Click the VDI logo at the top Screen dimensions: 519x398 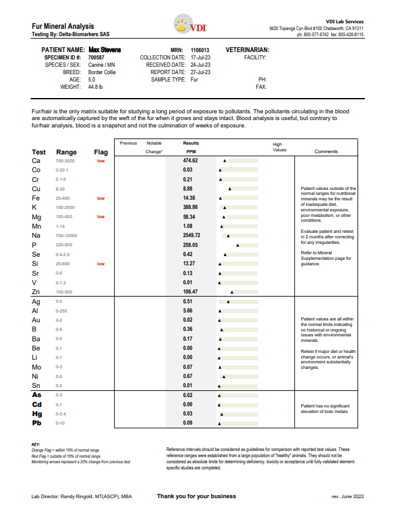pyautogui.click(x=191, y=28)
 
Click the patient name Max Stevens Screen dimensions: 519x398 pyautogui.click(x=104, y=50)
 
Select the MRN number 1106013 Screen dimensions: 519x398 pyautogui.click(x=200, y=50)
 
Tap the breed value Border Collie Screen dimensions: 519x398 pyautogui.click(x=102, y=72)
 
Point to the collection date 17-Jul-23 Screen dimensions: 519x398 pyautogui.click(x=201, y=57)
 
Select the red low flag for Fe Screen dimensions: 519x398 pyautogui.click(x=101, y=199)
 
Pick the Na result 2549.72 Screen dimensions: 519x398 pyautogui.click(x=191, y=235)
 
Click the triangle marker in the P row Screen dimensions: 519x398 pyautogui.click(x=237, y=245)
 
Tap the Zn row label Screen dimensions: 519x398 pyautogui.click(x=36, y=292)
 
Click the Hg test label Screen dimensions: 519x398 pyautogui.click(x=37, y=414)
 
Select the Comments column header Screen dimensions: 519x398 pyautogui.click(x=326, y=151)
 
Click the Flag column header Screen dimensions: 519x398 pyautogui.click(x=101, y=152)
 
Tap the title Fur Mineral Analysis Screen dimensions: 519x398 pyautogui.click(x=63, y=26)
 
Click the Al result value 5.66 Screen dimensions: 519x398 pyautogui.click(x=188, y=311)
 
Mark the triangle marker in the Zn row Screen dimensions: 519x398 pyautogui.click(x=231, y=292)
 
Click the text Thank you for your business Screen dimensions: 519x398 pyautogui.click(x=196, y=496)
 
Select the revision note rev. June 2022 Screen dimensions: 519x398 pyautogui.click(x=347, y=497)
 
